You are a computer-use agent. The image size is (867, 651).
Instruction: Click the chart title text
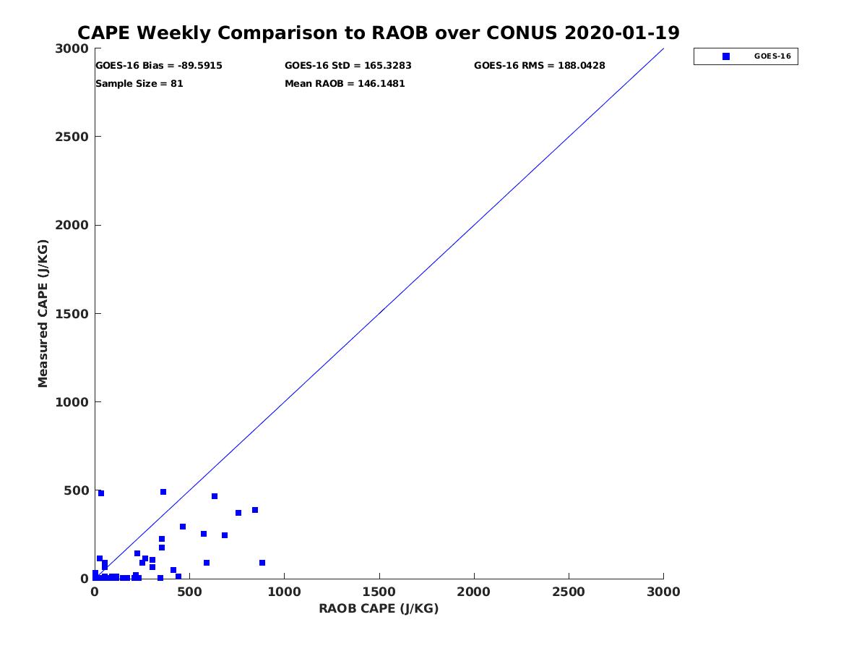[x=378, y=33]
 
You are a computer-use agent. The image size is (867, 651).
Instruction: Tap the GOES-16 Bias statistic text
[x=159, y=66]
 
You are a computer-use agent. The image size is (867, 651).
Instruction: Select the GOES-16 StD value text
[x=348, y=66]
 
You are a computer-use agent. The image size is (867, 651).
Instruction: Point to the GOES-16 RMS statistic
[x=539, y=66]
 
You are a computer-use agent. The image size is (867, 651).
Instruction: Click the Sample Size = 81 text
[x=139, y=84]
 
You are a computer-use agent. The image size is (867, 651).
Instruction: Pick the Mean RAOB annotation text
[x=345, y=84]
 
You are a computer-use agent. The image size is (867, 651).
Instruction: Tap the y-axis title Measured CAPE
[x=43, y=313]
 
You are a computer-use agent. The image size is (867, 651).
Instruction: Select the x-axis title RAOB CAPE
[x=379, y=609]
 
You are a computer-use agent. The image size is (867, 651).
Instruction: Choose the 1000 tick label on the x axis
[x=284, y=592]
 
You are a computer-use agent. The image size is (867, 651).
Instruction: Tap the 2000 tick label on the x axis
[x=474, y=592]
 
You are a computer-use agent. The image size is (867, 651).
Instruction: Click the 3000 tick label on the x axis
[x=663, y=592]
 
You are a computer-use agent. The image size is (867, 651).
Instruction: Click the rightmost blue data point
[x=262, y=563]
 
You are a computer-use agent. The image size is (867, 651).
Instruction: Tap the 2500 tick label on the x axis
[x=569, y=592]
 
